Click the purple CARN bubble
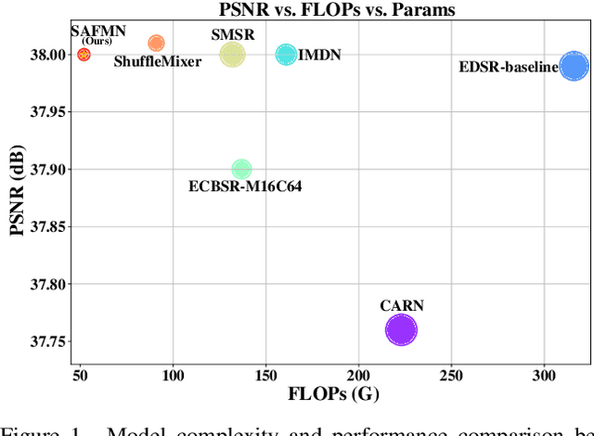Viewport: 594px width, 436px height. coord(401,330)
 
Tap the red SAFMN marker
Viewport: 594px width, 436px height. coord(84,55)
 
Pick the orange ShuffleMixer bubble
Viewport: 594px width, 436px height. coord(156,43)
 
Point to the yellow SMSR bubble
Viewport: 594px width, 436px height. coord(232,55)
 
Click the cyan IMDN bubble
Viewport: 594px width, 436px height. coord(286,55)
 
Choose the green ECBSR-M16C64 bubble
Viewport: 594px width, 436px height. coord(241,169)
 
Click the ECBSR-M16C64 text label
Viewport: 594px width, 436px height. coord(245,186)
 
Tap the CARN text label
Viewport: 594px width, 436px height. coord(402,305)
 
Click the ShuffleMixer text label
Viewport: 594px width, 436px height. coord(158,62)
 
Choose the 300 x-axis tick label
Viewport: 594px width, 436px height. coord(544,374)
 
